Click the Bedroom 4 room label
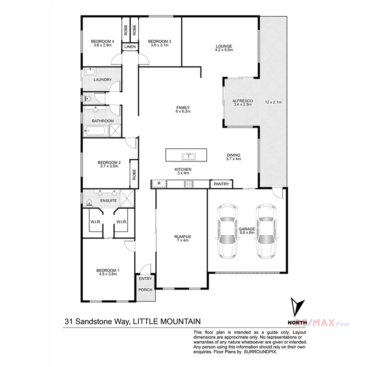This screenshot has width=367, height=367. [x=102, y=42]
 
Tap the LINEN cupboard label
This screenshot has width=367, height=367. [x=130, y=47]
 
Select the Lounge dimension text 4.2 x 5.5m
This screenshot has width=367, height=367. [x=224, y=50]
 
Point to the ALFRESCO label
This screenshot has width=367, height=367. [x=243, y=101]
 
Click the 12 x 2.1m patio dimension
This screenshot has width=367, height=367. [x=273, y=102]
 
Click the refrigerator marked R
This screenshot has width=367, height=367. [x=159, y=184]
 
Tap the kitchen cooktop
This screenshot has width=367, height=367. [x=189, y=184]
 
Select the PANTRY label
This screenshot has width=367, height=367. [x=222, y=185]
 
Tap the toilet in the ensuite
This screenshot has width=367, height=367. [x=89, y=201]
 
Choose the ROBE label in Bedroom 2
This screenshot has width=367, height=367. [x=134, y=175]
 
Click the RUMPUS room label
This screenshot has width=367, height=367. [x=182, y=237]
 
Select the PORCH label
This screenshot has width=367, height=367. [x=145, y=290]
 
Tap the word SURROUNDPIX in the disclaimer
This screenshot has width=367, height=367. [x=261, y=350]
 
